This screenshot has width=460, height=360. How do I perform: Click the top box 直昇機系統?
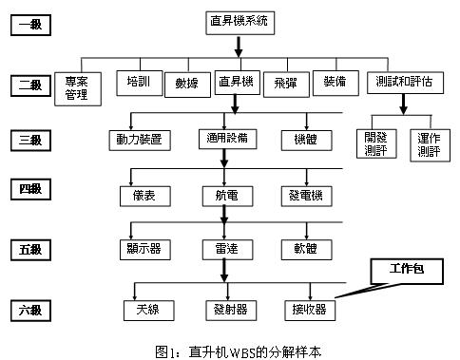point(240,20)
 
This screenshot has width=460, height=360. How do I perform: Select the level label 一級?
point(29,23)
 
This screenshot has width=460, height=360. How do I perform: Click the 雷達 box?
point(225,250)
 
